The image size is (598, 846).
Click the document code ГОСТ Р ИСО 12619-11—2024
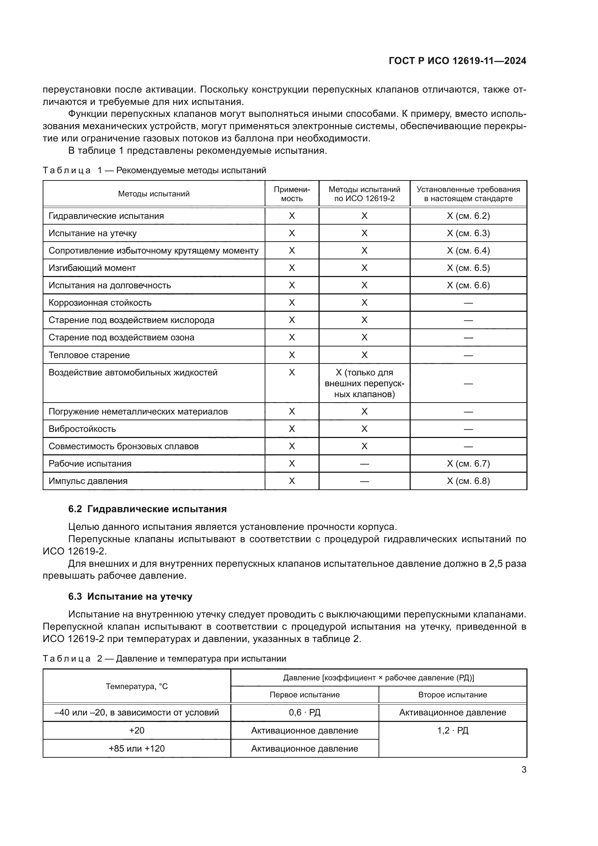[457, 61]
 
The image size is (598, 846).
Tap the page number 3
[524, 769]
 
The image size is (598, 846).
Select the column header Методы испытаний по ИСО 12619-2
[364, 194]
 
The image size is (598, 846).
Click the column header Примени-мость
[292, 194]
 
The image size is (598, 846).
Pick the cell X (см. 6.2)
[468, 216]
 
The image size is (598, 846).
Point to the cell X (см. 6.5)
[468, 268]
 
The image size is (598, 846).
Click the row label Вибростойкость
[82, 429]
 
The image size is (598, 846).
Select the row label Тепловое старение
[89, 355]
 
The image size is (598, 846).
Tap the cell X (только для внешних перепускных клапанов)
[364, 383]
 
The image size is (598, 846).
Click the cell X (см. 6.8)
[468, 481]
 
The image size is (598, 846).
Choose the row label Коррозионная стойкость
[100, 303]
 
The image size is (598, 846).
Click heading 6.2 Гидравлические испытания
[147, 509]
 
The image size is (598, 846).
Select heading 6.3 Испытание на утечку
[130, 596]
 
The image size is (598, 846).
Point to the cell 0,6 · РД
[304, 712]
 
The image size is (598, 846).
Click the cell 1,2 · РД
[453, 730]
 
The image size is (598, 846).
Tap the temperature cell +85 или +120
[137, 748]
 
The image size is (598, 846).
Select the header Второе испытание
[453, 694]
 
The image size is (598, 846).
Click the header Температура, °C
[137, 686]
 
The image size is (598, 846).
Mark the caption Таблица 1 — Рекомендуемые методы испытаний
[154, 170]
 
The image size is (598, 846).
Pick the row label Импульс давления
[88, 481]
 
